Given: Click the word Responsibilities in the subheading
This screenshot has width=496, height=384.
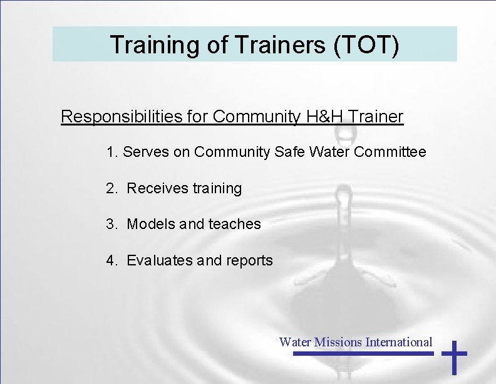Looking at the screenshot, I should click(135, 117).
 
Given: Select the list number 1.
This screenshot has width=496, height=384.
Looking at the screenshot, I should click(111, 152).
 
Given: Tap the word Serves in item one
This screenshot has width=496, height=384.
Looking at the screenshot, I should click(143, 152).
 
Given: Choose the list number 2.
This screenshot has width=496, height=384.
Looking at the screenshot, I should click(111, 188).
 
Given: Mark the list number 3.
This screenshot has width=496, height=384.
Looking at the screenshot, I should click(111, 224).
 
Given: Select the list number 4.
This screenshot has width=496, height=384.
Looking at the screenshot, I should click(111, 260).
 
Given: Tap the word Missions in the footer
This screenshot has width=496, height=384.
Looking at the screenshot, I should click(338, 342).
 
